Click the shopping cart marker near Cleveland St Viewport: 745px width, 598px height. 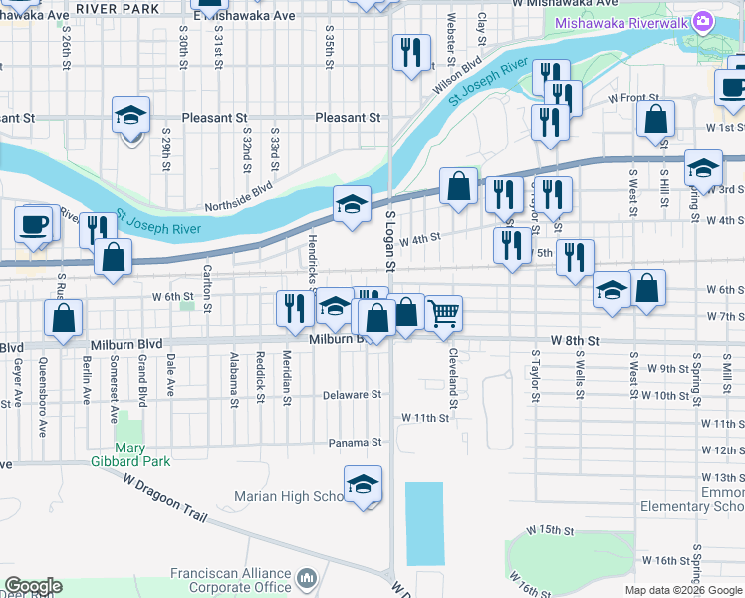pyautogui.click(x=443, y=313)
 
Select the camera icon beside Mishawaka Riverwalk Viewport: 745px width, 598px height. pyautogui.click(x=703, y=21)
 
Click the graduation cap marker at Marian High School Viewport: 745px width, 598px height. pyautogui.click(x=363, y=485)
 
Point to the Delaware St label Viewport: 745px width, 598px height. pyautogui.click(x=353, y=394)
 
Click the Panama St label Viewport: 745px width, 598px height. pyautogui.click(x=357, y=442)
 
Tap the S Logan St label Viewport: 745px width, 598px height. pyautogui.click(x=390, y=243)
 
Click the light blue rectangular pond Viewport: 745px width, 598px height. pyautogui.click(x=424, y=523)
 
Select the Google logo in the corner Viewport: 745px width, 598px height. pyautogui.click(x=33, y=586)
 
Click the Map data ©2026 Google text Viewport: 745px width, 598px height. pyautogui.click(x=683, y=590)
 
